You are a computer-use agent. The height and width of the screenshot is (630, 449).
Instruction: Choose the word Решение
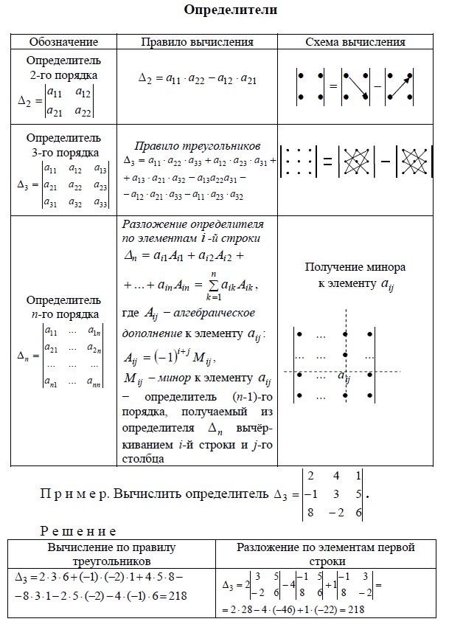[77, 530]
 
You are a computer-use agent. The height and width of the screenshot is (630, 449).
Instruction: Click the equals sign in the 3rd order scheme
[324, 160]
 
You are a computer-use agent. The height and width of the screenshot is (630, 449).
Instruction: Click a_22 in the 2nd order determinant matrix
[83, 111]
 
